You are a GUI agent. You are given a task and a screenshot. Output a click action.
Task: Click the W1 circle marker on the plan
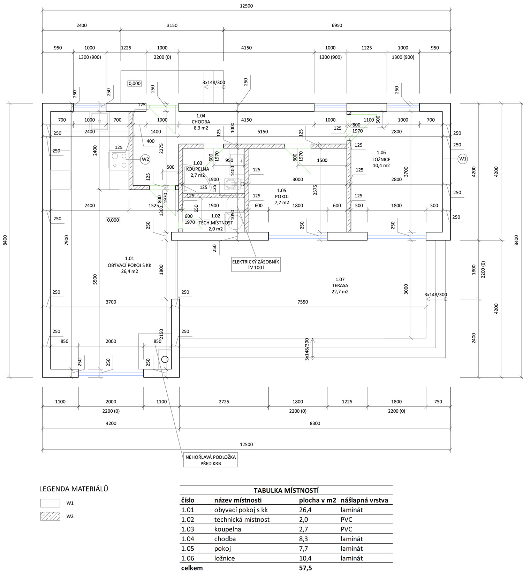[x=463, y=159]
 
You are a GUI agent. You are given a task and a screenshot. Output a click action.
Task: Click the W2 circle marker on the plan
[x=145, y=159]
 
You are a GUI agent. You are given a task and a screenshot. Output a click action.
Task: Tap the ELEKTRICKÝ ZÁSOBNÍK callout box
[x=256, y=265]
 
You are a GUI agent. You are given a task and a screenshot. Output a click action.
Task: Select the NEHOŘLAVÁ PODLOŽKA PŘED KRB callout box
[x=211, y=460]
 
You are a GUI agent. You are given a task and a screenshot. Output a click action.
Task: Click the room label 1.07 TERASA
[x=340, y=285]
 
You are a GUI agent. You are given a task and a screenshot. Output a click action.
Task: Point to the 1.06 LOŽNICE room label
[x=381, y=159]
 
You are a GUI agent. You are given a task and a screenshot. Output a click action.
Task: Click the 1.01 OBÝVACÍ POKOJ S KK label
[x=129, y=265]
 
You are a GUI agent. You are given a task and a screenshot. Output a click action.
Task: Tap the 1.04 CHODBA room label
[x=201, y=122]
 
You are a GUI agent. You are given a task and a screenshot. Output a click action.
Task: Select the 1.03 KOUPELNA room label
[x=198, y=169]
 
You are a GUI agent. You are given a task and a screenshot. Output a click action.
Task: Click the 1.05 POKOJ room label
[x=282, y=196]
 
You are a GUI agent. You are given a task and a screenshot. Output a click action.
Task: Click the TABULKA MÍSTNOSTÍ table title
[x=286, y=490]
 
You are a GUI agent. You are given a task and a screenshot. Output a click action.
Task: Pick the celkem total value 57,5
[x=305, y=568]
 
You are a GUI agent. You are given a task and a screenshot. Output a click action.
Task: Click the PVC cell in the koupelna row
[x=347, y=529]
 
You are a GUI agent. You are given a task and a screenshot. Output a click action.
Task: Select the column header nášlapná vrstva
[x=364, y=500]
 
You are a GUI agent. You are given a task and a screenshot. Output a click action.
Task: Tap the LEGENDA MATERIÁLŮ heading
[x=74, y=489]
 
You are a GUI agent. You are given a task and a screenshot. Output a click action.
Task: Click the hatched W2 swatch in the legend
[x=50, y=516]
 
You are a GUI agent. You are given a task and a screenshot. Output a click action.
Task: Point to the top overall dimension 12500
[x=246, y=6]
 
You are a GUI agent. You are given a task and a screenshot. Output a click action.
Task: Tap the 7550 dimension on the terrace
[x=303, y=302]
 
